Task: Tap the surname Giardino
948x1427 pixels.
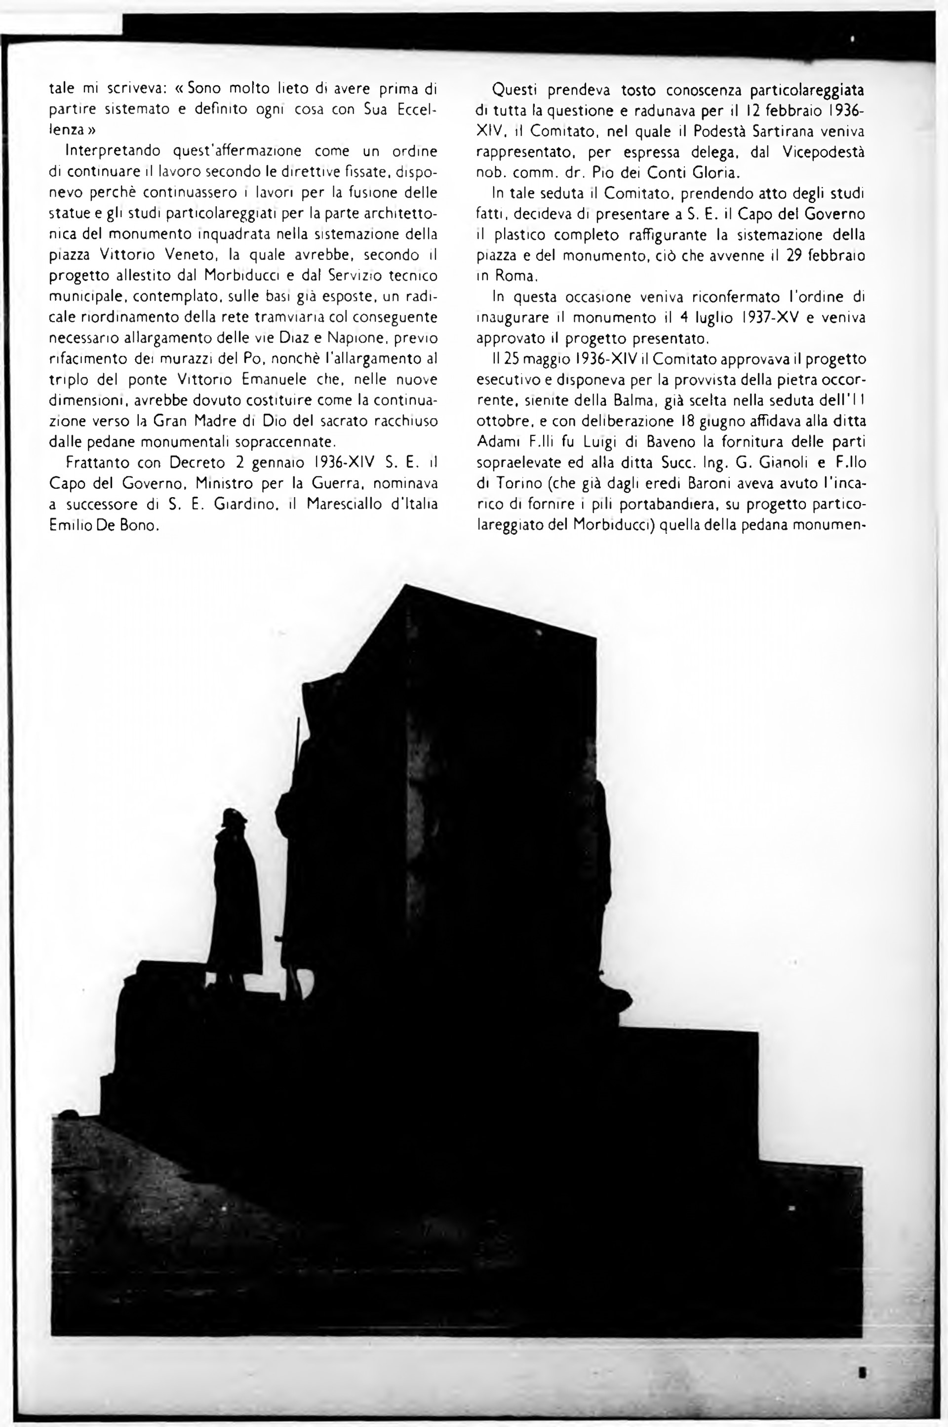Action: (243, 504)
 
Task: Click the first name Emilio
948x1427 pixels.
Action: (68, 525)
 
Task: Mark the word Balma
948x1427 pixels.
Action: (617, 400)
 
